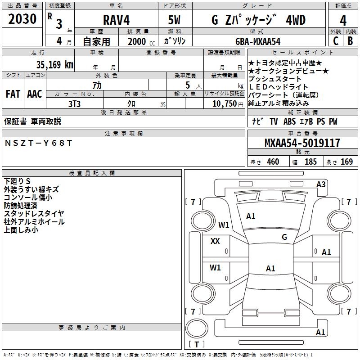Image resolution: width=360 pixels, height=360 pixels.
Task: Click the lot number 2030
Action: pos(22,20)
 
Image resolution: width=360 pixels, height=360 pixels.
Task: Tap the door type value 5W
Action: pos(175,20)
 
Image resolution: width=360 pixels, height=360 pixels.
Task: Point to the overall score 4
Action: pos(343,20)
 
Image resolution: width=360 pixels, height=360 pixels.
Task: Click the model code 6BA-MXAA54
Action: pos(258,41)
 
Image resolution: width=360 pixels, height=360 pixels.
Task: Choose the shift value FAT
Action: pos(13,94)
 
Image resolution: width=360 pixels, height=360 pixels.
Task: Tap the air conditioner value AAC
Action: pos(34,94)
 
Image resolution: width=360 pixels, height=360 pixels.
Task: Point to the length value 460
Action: pos(273,162)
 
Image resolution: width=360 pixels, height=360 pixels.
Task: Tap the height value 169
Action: pos(346,162)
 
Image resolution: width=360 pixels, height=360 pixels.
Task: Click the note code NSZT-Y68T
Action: pos(38,143)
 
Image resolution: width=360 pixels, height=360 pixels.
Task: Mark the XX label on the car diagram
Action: pos(215,241)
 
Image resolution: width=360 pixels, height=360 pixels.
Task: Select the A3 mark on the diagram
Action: pos(321,184)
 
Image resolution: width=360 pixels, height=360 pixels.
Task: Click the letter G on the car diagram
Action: pos(284,237)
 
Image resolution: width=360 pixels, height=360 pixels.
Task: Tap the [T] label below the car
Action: pos(196,345)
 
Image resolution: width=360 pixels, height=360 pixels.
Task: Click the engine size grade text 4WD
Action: pos(296,20)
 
